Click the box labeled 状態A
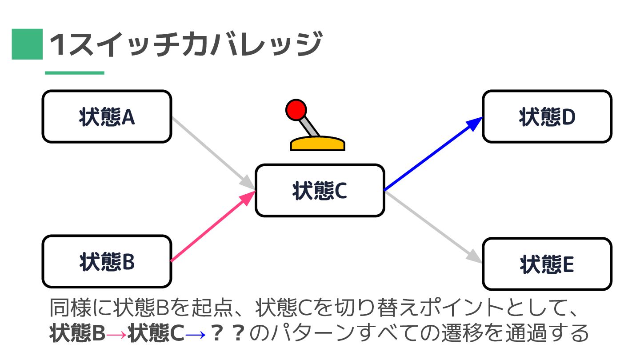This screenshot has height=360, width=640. pos(107,117)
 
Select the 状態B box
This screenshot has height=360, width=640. pos(107,262)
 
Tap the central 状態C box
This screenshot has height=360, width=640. pos(320,191)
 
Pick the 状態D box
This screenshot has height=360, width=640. pos(547,117)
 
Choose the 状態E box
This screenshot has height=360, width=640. pos(547,264)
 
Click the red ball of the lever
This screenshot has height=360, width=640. pos(296,110)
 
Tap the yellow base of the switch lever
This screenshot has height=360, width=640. pos(317,144)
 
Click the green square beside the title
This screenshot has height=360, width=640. pos(27,44)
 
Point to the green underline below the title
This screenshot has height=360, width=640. pos(75,73)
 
